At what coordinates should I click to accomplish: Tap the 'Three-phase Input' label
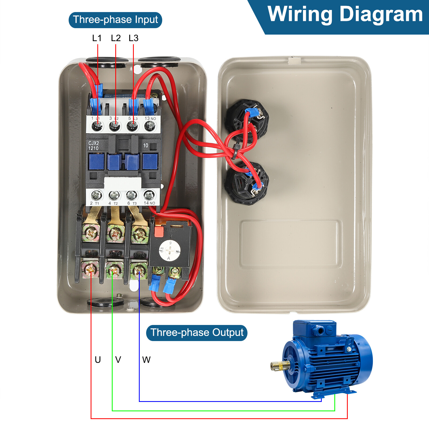(x=115, y=20)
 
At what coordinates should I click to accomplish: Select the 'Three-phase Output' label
(x=197, y=333)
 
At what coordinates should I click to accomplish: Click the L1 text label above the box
(x=97, y=38)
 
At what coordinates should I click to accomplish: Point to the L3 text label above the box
(x=134, y=38)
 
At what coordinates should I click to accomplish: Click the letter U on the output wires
(x=98, y=360)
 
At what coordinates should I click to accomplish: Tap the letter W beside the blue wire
(x=146, y=360)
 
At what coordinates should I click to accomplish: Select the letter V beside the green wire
(x=118, y=360)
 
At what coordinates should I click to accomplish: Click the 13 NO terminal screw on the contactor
(x=150, y=125)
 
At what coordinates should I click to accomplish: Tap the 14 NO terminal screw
(x=149, y=194)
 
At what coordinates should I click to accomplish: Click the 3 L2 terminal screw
(x=115, y=125)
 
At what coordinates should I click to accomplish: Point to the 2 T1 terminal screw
(x=97, y=195)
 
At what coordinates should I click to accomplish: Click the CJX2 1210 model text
(x=94, y=146)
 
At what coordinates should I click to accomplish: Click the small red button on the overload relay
(x=159, y=231)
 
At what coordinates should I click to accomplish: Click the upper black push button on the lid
(x=247, y=121)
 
